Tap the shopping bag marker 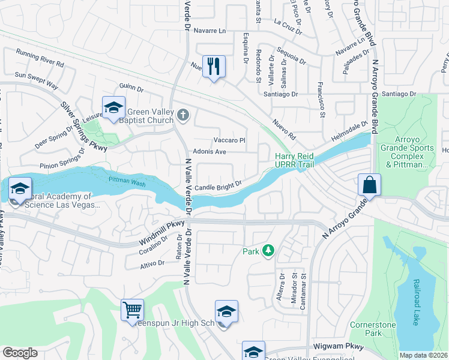(x=370, y=184)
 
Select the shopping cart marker (x=132, y=310)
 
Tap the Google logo (x=20, y=353)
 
